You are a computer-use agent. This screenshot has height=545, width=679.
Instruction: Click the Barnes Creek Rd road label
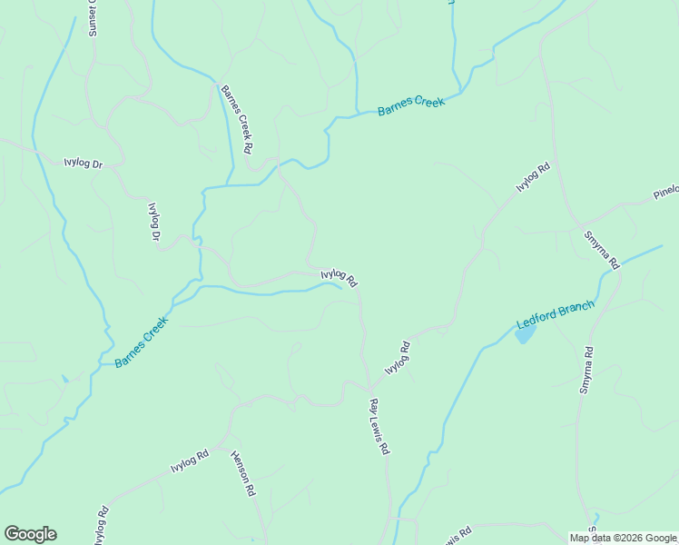pos(235,118)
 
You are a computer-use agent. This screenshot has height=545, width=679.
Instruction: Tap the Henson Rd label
pos(242,472)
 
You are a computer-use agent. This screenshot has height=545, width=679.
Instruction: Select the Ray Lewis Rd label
pos(379,425)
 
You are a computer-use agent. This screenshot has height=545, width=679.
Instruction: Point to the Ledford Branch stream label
pos(555,315)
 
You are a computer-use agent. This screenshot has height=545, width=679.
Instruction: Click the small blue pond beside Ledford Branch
pos(525,335)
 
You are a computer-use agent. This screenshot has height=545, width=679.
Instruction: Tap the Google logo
pos(30,534)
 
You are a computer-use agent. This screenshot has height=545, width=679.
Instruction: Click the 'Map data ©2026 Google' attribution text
pos(624,538)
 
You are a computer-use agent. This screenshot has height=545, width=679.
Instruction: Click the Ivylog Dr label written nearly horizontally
pos(86,163)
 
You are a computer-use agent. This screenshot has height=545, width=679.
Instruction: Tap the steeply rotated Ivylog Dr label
pos(153,221)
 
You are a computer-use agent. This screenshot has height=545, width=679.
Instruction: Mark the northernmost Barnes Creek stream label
pos(411,106)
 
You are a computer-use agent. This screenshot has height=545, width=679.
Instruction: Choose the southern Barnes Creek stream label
pos(142,342)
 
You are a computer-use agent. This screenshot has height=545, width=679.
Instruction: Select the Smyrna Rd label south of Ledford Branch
pos(586,370)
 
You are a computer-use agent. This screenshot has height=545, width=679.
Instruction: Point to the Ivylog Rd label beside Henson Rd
pos(190,461)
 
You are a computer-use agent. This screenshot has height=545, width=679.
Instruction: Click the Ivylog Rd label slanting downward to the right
pos(339,277)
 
